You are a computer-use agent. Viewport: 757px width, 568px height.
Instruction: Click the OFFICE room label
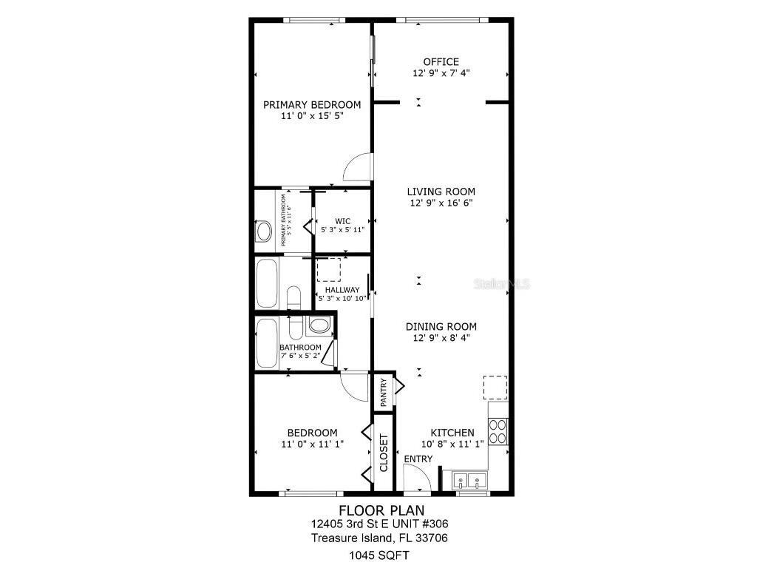coord(441,62)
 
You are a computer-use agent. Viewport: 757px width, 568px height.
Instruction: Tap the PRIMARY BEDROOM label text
coord(312,105)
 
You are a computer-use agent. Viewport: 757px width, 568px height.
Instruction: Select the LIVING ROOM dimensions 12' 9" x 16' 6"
coord(441,203)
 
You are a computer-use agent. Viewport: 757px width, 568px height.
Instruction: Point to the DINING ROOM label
coord(441,326)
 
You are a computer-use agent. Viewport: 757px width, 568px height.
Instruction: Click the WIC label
coord(342,221)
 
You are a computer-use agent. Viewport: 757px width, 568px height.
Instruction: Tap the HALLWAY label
coord(342,290)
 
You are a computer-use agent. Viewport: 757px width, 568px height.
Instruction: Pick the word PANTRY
coord(384,393)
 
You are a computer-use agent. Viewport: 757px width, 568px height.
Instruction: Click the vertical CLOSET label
coord(384,453)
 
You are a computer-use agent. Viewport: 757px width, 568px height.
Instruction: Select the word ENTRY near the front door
coord(418,459)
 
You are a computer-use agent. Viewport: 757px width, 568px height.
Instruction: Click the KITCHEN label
coord(452,433)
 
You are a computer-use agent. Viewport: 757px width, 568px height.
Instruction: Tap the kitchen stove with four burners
coord(498,431)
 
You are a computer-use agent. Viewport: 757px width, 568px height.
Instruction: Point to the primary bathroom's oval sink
coord(264,232)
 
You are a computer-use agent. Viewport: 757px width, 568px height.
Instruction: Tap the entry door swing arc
coord(418,478)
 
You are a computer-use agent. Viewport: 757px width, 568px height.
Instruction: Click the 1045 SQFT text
coord(378,555)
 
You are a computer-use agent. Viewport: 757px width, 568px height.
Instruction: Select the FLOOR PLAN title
coord(378,510)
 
